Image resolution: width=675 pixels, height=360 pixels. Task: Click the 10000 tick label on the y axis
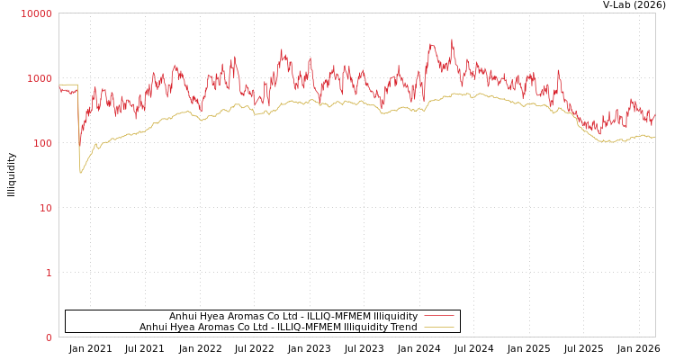(37, 13)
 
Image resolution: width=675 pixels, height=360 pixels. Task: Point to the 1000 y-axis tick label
(40, 78)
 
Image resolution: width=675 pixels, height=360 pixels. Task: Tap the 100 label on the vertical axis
(42, 143)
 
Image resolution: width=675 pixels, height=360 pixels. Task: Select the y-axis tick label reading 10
(45, 208)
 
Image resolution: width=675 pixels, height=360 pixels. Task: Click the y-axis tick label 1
(49, 273)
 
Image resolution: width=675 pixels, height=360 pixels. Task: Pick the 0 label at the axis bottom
(49, 337)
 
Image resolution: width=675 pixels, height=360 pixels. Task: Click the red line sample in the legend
(438, 316)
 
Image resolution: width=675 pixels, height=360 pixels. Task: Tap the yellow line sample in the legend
(438, 327)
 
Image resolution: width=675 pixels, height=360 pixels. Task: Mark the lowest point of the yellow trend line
(80, 173)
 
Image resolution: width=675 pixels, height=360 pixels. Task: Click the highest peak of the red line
(452, 40)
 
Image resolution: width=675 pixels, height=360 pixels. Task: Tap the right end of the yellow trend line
(654, 137)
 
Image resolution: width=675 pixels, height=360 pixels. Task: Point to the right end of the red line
(654, 114)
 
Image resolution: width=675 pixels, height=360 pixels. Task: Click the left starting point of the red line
(59, 87)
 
